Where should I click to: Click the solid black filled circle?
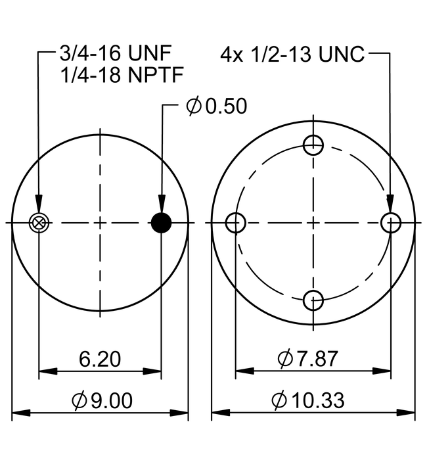162,223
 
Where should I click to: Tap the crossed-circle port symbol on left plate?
39,223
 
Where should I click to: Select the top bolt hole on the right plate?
314,145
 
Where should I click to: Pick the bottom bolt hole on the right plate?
314,301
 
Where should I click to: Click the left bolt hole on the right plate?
236,223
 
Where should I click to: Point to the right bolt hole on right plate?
392,223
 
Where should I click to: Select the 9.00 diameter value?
110,400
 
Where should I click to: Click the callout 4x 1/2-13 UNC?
292,54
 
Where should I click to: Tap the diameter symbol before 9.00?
78,400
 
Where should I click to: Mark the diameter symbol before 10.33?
279,400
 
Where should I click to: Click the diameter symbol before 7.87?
285,360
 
